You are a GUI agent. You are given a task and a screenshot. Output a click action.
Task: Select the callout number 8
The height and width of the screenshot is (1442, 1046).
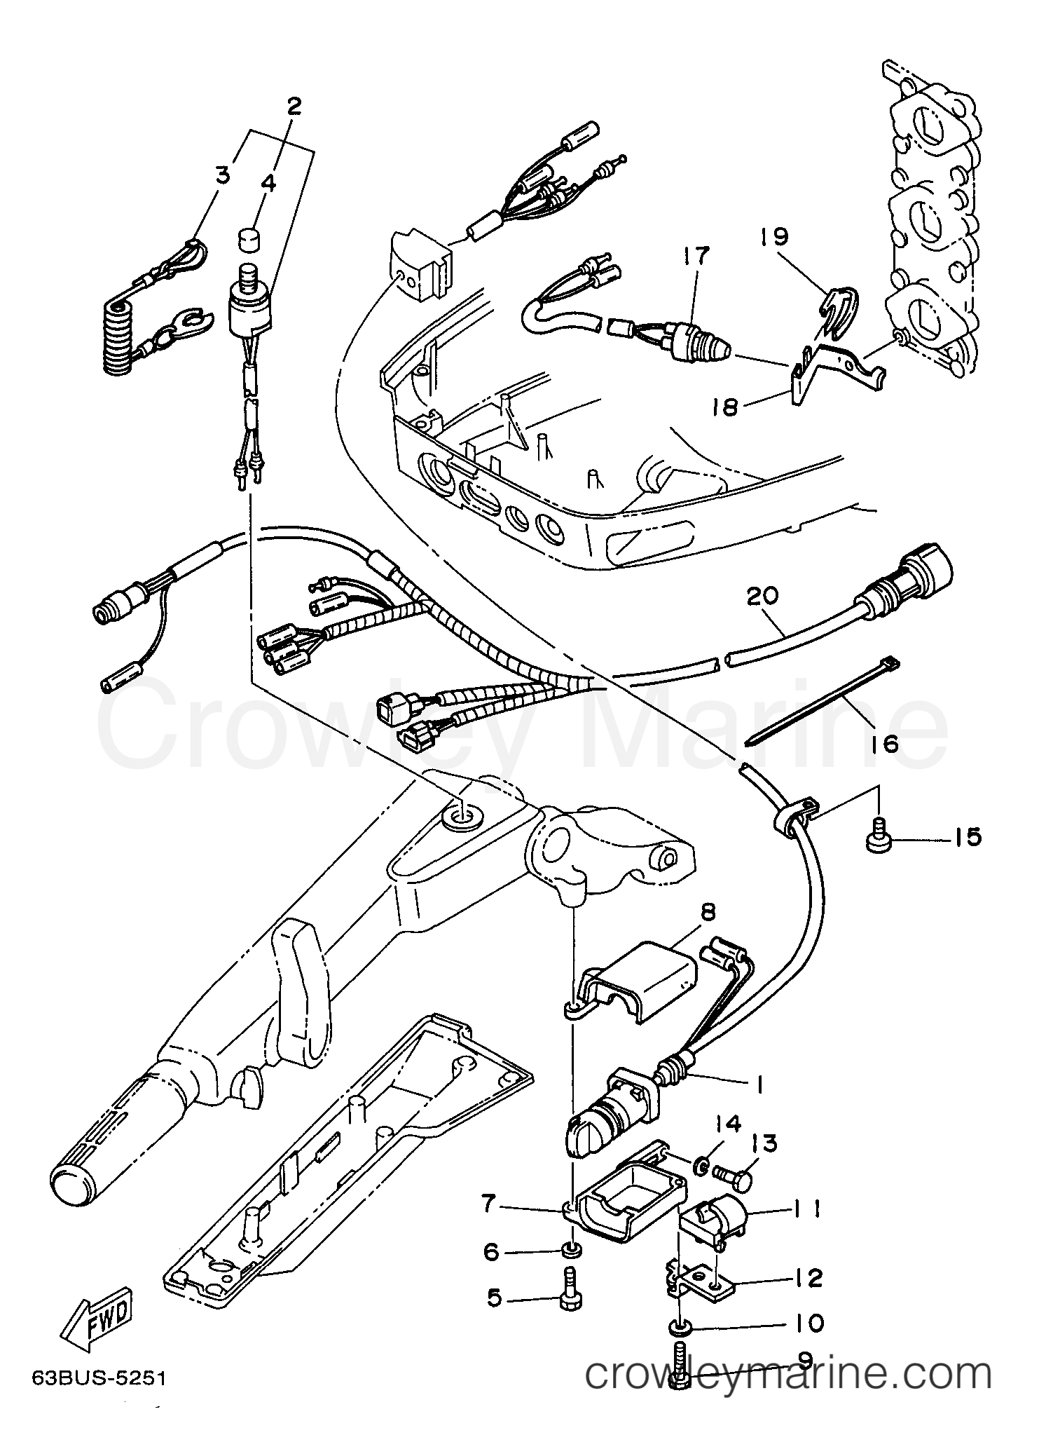click(x=708, y=912)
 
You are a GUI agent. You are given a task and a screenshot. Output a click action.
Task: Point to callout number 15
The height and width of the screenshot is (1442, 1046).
click(x=968, y=837)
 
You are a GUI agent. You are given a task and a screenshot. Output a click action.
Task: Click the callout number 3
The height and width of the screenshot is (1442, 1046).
click(x=222, y=175)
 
